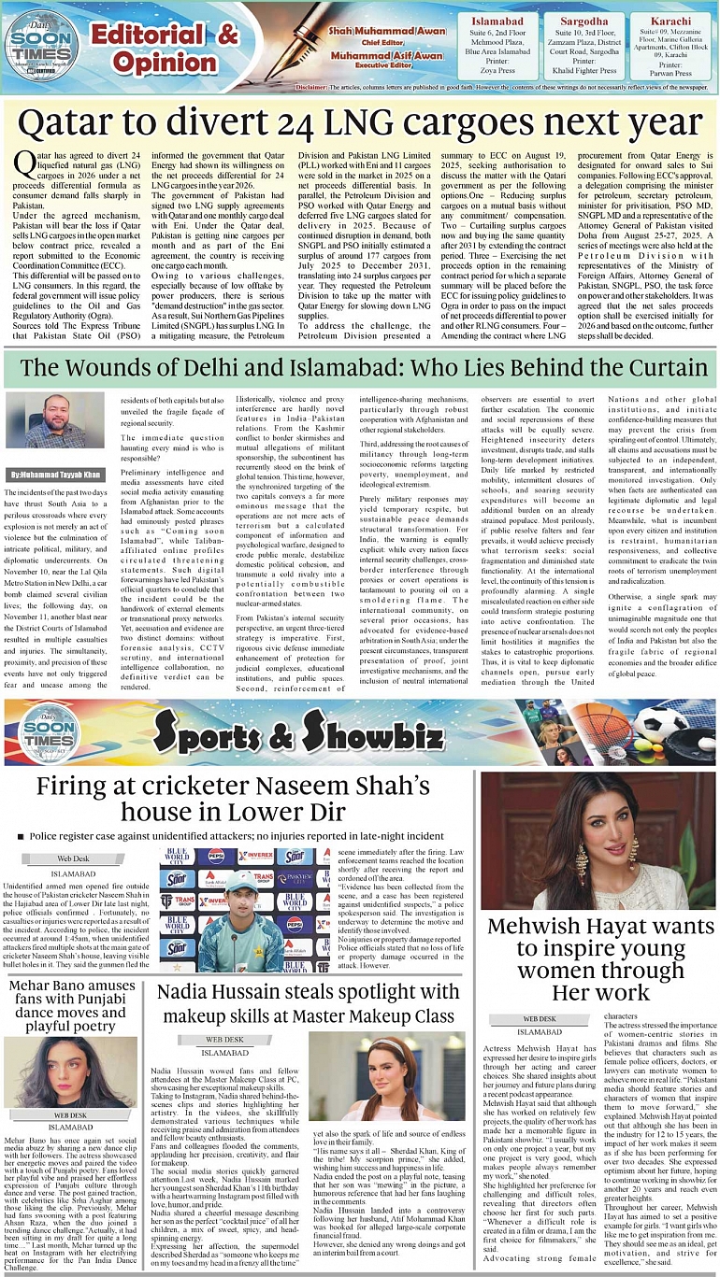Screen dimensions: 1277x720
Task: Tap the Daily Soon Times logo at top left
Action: (x=41, y=42)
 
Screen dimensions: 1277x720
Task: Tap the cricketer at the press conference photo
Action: (x=239, y=905)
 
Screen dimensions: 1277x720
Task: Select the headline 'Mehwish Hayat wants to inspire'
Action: (x=600, y=958)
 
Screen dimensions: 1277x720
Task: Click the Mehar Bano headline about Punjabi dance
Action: (x=73, y=1005)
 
